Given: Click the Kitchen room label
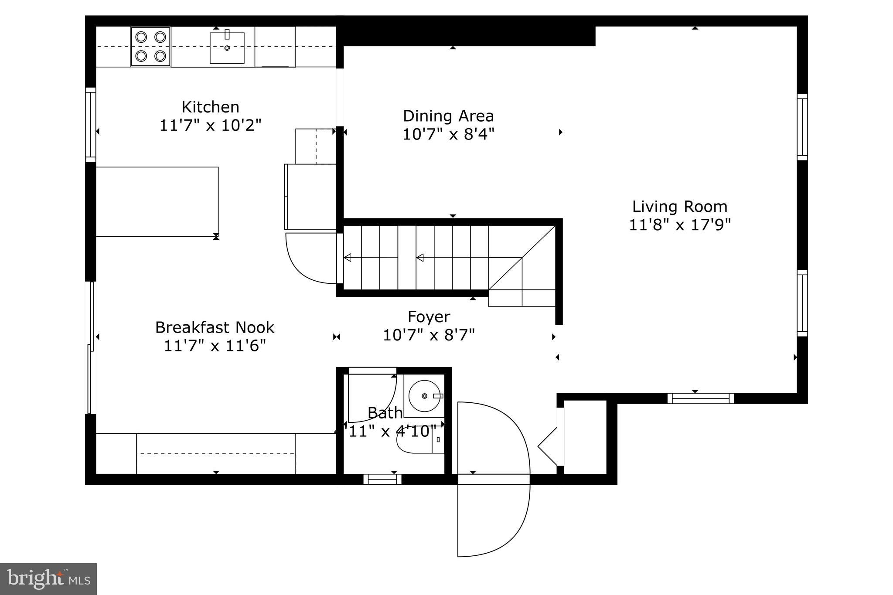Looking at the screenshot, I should pos(210,107).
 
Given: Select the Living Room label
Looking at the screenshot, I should pos(679,207).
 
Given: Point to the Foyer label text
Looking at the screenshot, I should pos(429,317).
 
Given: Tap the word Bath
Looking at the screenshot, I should pos(385,412).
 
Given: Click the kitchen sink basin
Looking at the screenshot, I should pos(227,48).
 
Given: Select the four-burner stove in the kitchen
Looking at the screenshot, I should pos(150,46).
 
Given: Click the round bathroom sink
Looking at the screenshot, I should pos(424,396).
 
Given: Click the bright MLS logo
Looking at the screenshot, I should pos(48,579).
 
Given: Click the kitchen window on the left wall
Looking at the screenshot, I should pos(90,124).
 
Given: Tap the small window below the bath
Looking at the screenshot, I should pos(382,479).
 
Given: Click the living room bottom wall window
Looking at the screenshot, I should pos(700,398).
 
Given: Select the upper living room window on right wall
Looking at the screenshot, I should pos(802,127).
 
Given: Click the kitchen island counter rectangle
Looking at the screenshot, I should pos(157,201).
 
